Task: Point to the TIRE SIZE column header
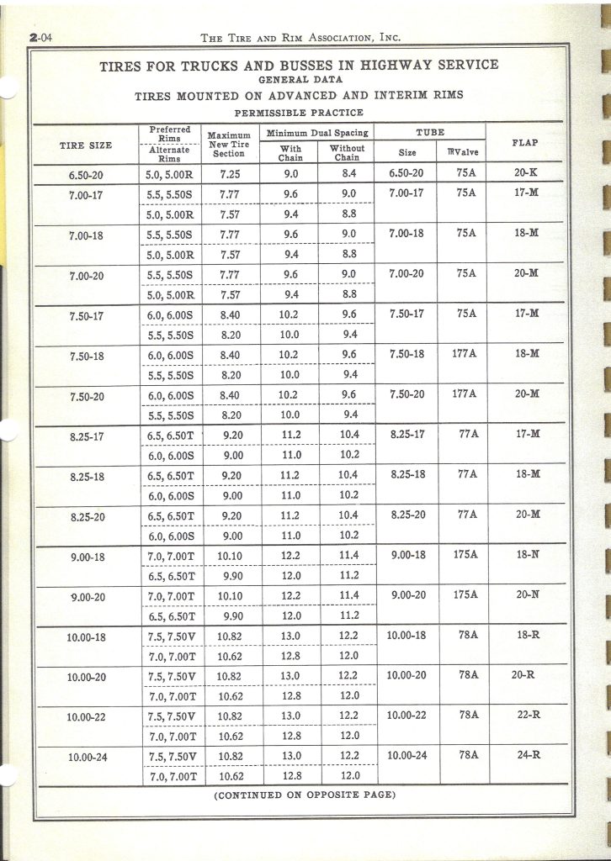click(x=85, y=145)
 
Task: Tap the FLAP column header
click(x=525, y=143)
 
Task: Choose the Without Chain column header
click(x=346, y=153)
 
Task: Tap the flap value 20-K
click(x=526, y=172)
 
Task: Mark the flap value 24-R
click(x=529, y=754)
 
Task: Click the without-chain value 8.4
click(x=346, y=173)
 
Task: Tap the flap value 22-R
click(x=529, y=714)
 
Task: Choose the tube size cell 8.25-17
click(x=408, y=434)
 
